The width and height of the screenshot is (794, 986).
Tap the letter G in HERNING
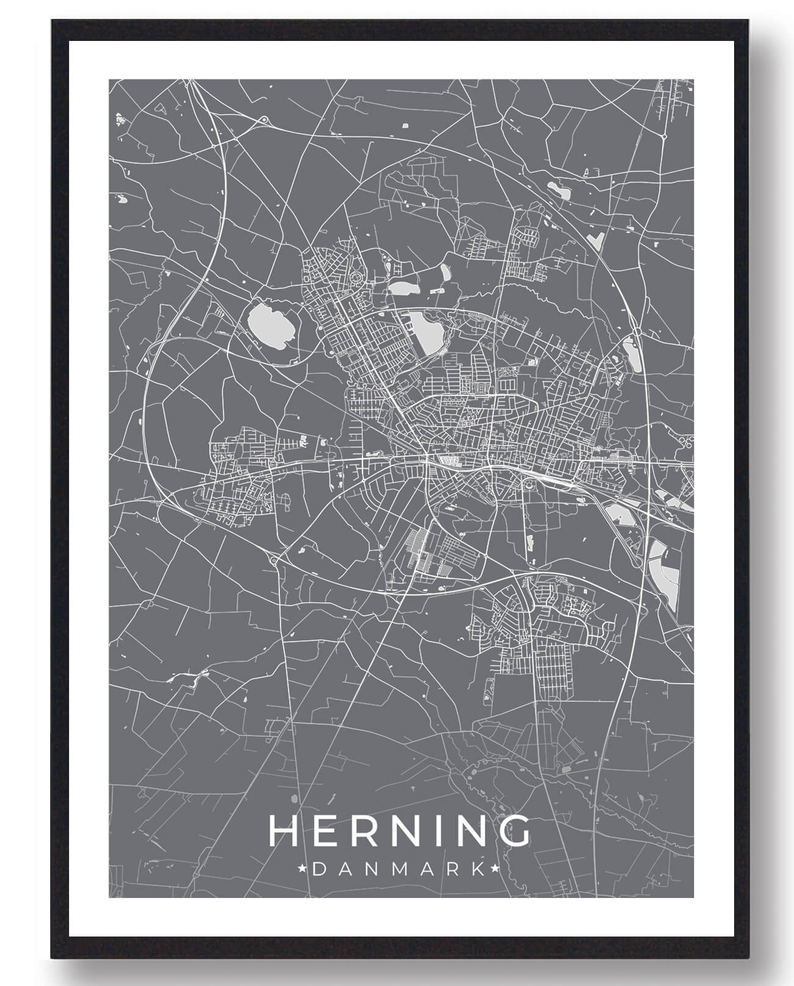514,831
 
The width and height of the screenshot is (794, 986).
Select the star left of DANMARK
302,867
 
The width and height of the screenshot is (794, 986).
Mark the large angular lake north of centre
426,330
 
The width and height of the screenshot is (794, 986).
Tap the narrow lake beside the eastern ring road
630,353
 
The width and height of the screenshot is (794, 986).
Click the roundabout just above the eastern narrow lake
637,331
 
